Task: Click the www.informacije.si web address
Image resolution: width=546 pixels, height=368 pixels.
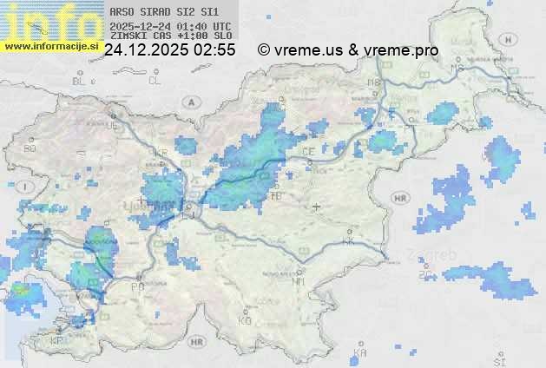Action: [49, 46]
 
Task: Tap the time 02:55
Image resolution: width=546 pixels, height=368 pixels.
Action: [214, 50]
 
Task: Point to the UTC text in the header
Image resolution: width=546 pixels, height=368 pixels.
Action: [221, 26]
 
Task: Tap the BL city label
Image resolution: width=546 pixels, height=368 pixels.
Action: [81, 81]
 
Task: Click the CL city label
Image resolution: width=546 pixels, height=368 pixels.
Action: [155, 81]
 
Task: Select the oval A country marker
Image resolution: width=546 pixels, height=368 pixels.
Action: [189, 102]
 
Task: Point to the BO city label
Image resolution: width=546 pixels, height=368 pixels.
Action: [30, 148]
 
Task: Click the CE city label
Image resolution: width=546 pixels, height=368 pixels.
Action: [308, 151]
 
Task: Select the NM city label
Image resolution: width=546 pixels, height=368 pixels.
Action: [299, 281]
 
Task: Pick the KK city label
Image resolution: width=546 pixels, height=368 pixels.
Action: [349, 242]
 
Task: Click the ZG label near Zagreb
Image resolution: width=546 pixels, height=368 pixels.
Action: [425, 275]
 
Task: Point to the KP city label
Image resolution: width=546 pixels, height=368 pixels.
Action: [57, 341]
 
